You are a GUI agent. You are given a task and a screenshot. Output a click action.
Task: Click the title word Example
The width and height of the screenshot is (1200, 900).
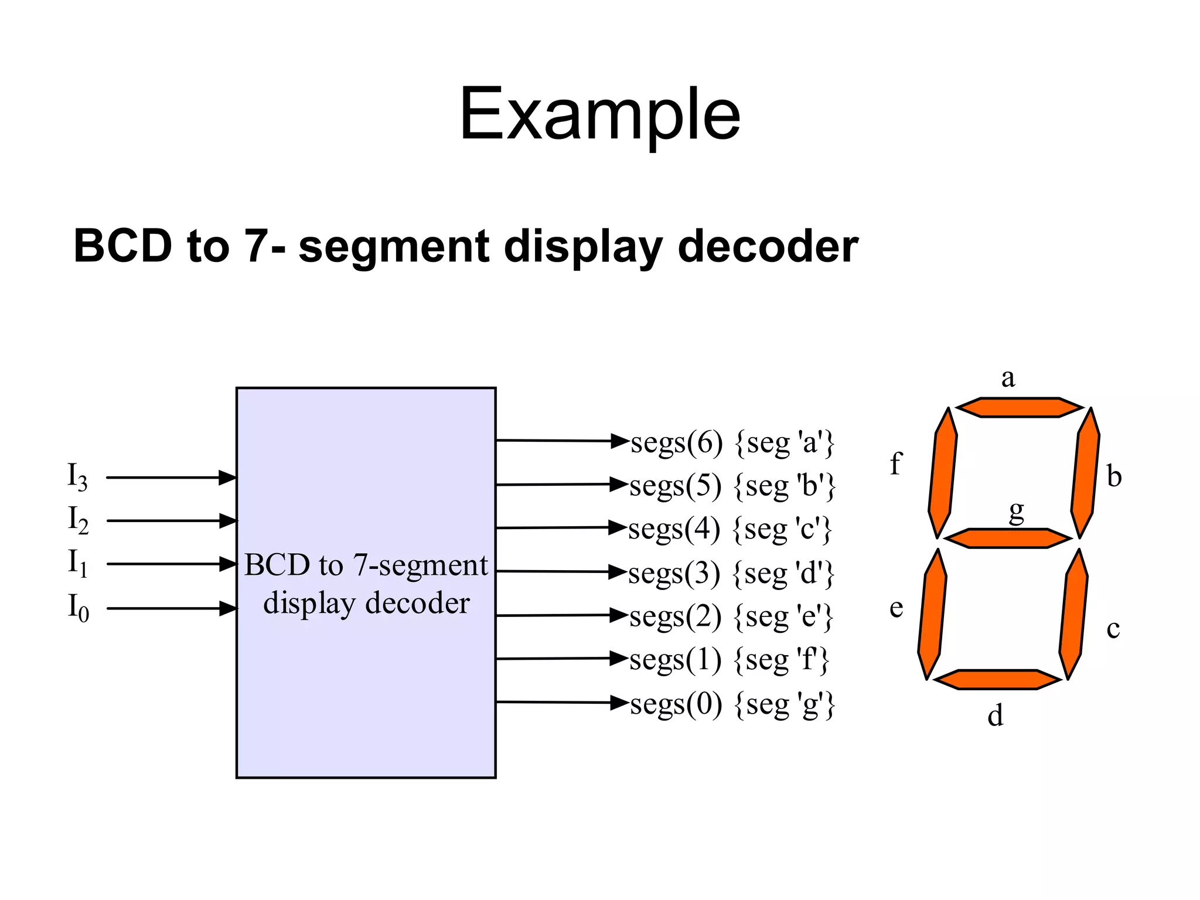[x=599, y=114]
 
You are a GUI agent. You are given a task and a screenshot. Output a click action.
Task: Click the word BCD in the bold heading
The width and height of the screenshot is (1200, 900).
[x=122, y=246]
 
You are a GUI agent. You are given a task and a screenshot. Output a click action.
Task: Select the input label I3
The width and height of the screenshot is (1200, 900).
[x=77, y=476]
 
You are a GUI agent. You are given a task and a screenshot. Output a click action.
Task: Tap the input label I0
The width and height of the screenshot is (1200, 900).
[x=78, y=607]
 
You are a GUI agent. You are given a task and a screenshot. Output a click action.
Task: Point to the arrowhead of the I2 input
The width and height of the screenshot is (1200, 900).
[x=228, y=520]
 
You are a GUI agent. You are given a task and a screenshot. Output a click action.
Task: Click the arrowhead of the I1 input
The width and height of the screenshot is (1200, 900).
[x=228, y=564]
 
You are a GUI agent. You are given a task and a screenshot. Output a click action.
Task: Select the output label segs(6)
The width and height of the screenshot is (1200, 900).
[x=676, y=442]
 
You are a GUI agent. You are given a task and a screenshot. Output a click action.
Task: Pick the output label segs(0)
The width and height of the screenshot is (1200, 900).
[x=676, y=704]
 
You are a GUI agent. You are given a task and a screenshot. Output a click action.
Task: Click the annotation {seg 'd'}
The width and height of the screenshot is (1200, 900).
[x=783, y=573]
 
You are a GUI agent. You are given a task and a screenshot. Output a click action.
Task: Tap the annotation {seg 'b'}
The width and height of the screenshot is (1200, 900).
[x=785, y=486]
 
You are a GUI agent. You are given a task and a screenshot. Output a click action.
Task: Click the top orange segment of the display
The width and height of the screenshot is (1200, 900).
[x=1020, y=407]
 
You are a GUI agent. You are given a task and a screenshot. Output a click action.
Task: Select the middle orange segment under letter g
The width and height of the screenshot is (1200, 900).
[x=1008, y=538]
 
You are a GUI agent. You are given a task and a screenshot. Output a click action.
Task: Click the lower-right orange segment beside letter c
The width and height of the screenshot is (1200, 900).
[x=1073, y=614]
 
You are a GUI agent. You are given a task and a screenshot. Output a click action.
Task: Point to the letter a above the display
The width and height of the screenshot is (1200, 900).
[x=1008, y=378]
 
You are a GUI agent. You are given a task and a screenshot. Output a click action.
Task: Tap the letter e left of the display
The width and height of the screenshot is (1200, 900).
[x=896, y=608]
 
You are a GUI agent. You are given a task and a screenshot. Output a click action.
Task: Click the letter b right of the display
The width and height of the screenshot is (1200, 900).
[x=1114, y=476]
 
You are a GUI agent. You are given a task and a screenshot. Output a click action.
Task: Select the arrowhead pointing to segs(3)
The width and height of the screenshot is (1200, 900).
[x=618, y=571]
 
